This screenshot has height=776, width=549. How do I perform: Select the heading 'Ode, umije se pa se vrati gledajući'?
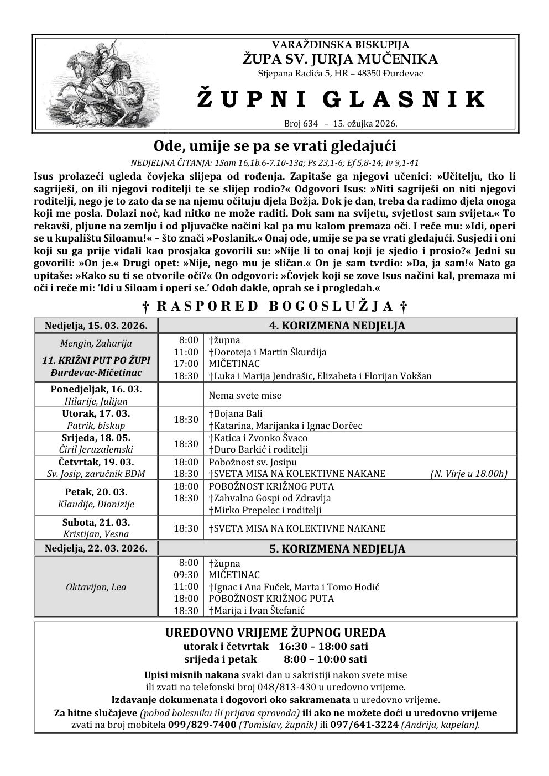[275, 146]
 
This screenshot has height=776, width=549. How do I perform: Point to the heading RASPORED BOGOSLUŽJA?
[275, 306]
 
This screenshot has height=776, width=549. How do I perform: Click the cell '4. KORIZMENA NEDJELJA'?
[337, 326]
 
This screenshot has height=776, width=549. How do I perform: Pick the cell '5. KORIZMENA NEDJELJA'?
[337, 549]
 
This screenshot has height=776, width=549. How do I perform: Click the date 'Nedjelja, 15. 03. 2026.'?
[96, 326]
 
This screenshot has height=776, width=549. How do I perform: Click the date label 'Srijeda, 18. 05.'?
[96, 438]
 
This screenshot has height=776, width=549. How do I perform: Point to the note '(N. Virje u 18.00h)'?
[468, 474]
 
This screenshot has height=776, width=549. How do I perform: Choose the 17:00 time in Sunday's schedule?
[186, 364]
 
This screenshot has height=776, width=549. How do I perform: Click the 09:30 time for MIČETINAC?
[186, 575]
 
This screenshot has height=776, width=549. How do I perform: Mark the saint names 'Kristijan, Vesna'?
[96, 534]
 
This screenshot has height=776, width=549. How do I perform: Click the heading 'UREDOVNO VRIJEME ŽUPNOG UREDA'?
[275, 633]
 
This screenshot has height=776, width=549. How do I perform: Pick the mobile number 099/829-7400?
[202, 725]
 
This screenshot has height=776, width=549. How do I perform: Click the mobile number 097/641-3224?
[364, 725]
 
